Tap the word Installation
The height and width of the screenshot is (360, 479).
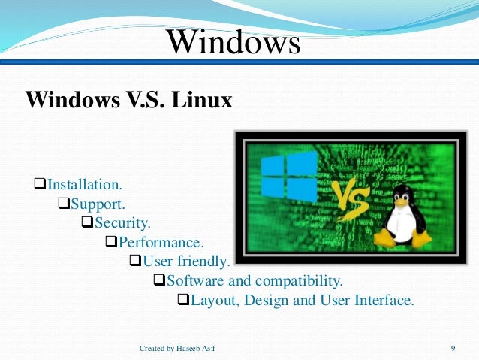pyautogui.click(x=84, y=183)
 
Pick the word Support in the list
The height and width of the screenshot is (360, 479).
pyautogui.click(x=98, y=203)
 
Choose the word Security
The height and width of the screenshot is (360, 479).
pyautogui.click(x=122, y=222)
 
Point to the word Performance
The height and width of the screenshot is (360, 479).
pyautogui.click(x=161, y=242)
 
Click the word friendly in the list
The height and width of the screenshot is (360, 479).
pyautogui.click(x=203, y=262)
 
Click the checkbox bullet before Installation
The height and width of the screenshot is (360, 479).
pyautogui.click(x=41, y=183)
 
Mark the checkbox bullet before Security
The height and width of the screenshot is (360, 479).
pyautogui.click(x=87, y=222)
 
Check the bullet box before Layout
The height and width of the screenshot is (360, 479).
pyautogui.click(x=183, y=301)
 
